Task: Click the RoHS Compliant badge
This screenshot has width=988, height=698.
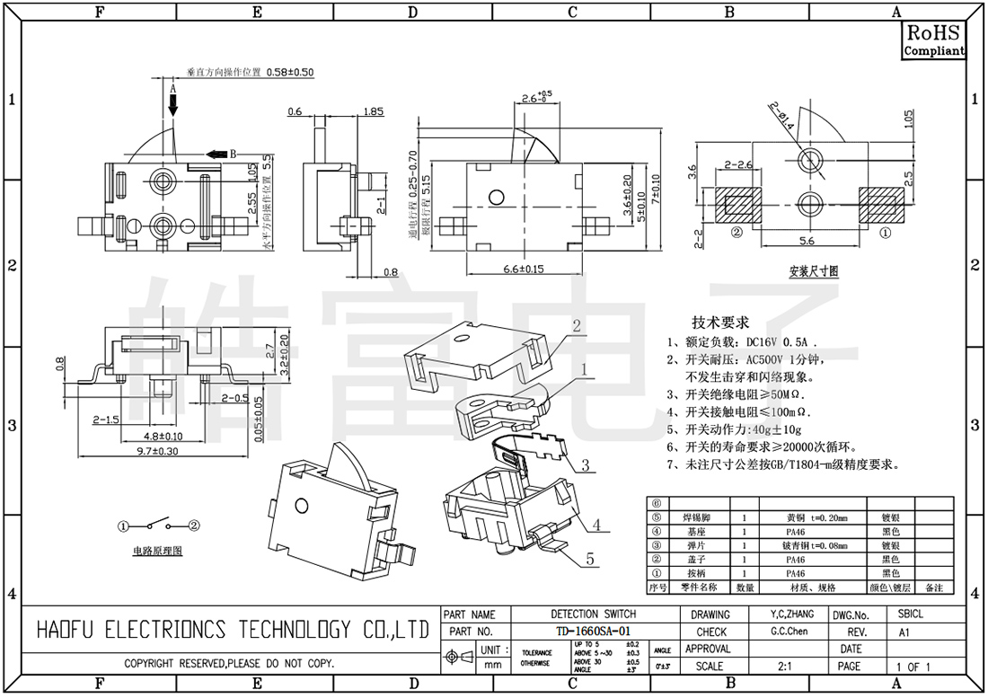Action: [x=933, y=41]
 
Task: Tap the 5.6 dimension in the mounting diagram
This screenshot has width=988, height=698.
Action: [x=806, y=241]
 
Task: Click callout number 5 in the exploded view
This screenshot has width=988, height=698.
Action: [x=590, y=559]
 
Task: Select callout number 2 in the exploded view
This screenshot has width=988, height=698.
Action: [x=577, y=325]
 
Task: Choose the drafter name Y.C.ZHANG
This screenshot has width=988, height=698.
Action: [x=791, y=614]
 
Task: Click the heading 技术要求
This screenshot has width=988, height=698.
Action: [x=719, y=322]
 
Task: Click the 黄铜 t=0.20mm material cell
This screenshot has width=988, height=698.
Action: [x=816, y=518]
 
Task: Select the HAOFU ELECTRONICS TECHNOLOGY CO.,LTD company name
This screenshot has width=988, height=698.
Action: [x=233, y=630]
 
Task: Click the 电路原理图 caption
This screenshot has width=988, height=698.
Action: [x=157, y=551]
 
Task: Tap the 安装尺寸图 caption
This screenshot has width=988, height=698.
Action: [x=814, y=270]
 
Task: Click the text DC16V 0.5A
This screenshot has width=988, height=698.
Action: [x=780, y=342]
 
